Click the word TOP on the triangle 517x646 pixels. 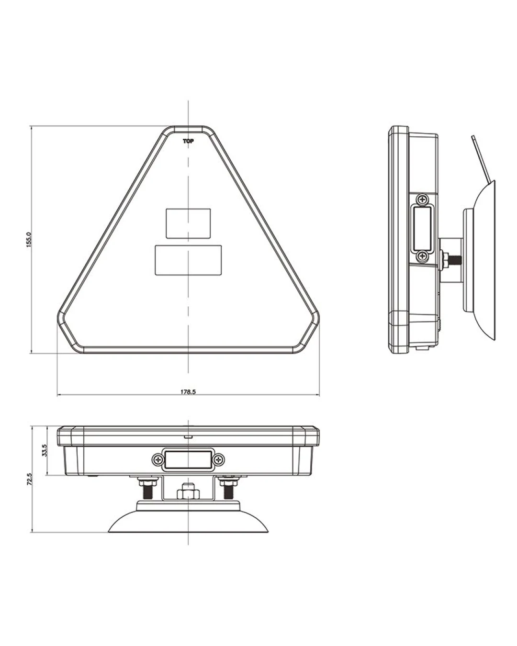point(188,141)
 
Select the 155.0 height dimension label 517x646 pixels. point(29,240)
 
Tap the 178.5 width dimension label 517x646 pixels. point(188,392)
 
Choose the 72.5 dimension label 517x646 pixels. point(29,479)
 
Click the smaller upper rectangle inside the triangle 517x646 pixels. point(188,223)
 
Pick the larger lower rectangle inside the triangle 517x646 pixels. point(188,260)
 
